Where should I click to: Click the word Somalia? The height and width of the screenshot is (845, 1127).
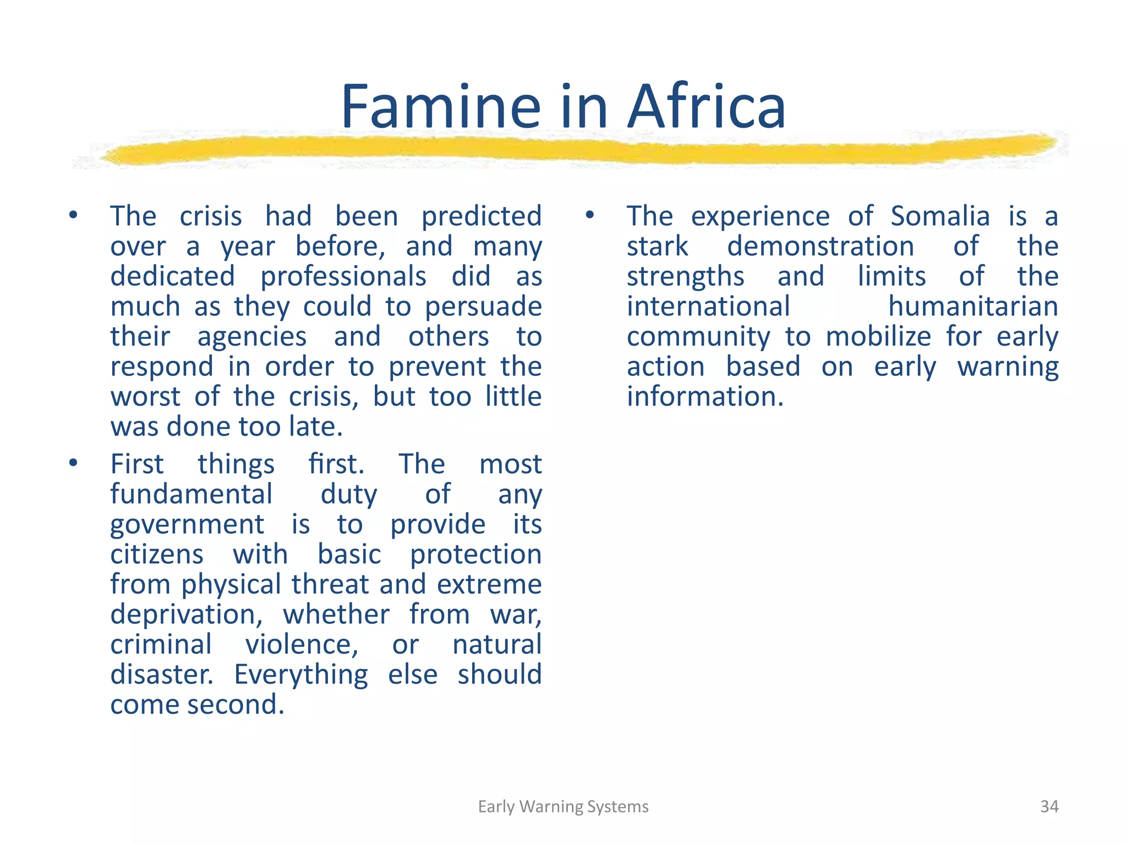click(x=940, y=216)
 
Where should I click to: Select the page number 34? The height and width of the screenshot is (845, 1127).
click(x=1049, y=806)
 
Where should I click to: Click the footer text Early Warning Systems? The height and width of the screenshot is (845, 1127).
click(x=563, y=806)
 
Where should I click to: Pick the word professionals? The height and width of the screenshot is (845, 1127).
click(x=343, y=277)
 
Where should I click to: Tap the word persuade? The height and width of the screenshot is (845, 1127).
click(x=483, y=307)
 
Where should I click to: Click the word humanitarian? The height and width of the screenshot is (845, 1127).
click(x=973, y=306)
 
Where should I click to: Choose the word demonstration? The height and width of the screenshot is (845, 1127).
click(x=820, y=246)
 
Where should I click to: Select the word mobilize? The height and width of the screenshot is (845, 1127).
click(x=878, y=337)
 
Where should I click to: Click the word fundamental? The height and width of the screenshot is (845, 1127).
click(x=191, y=494)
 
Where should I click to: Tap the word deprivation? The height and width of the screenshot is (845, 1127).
click(x=187, y=614)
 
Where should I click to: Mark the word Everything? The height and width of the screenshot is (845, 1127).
click(x=301, y=675)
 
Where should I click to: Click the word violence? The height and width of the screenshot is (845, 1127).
click(x=302, y=645)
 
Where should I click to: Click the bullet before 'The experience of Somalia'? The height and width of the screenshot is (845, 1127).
click(x=590, y=215)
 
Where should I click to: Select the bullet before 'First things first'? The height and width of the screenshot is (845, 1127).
click(x=73, y=463)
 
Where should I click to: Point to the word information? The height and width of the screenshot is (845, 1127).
click(x=705, y=397)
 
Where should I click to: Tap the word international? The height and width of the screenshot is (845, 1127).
click(x=708, y=306)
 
